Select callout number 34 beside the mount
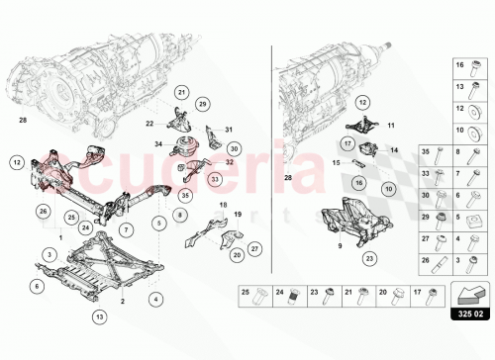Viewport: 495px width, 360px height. tap(158, 144)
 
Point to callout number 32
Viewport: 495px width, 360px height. tap(230, 162)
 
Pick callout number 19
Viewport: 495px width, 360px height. tap(238, 214)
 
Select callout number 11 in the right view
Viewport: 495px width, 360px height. tap(390, 126)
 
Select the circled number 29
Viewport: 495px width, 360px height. tap(202, 104)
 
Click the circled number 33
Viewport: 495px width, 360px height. tap(215, 180)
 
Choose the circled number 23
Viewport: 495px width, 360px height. tap(369, 259)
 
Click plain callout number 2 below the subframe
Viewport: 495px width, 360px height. tap(122, 301)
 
